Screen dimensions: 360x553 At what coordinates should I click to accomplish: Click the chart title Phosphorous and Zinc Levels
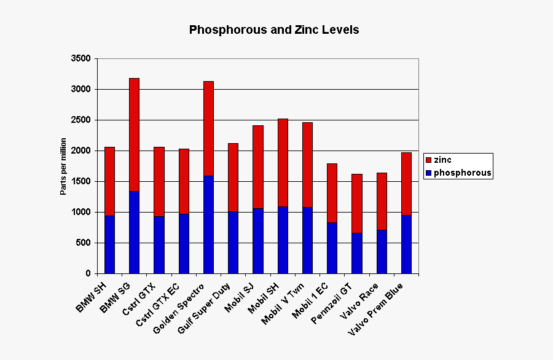(x=274, y=29)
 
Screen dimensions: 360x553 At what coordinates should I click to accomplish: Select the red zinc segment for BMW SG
(x=134, y=135)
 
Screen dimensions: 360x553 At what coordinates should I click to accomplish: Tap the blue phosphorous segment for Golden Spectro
(x=208, y=224)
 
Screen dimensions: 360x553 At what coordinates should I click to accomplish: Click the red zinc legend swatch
(x=428, y=160)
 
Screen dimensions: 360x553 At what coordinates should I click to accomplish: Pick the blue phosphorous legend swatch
(x=428, y=173)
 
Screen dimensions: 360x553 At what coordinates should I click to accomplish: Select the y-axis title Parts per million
(x=63, y=166)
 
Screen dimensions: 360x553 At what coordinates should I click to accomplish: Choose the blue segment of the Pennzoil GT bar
(x=356, y=252)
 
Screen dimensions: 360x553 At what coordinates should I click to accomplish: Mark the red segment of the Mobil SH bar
(x=283, y=162)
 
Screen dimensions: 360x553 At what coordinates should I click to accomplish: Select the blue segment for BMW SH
(x=109, y=244)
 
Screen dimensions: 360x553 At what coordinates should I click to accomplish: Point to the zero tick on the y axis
(x=87, y=273)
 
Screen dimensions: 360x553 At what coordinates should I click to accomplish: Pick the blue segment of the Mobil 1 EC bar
(x=332, y=248)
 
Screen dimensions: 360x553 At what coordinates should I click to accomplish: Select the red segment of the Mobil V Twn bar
(x=307, y=165)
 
